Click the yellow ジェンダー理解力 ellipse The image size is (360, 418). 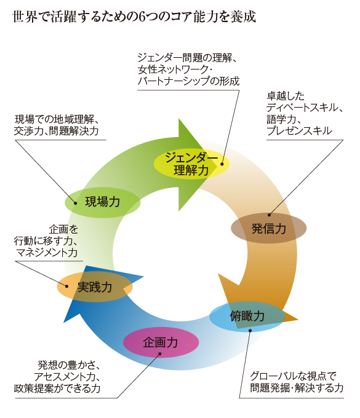(x=191, y=164)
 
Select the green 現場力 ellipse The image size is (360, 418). (x=103, y=202)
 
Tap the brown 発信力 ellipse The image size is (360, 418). (x=268, y=228)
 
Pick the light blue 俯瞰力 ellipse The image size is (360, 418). (x=247, y=317)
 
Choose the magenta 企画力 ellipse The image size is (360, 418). (x=161, y=342)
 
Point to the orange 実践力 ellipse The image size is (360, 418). (x=95, y=287)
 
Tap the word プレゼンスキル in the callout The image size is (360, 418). (x=299, y=131)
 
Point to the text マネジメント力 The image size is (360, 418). (x=47, y=253)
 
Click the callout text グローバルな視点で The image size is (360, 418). (x=293, y=376)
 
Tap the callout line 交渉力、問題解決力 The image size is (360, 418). (x=57, y=131)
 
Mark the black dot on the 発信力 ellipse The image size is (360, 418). (x=270, y=215)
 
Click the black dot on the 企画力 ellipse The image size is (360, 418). (x=160, y=353)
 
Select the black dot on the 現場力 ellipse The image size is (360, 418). (x=76, y=203)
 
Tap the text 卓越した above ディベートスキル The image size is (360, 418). (x=286, y=96)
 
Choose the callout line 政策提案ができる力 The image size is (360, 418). (x=57, y=388)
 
